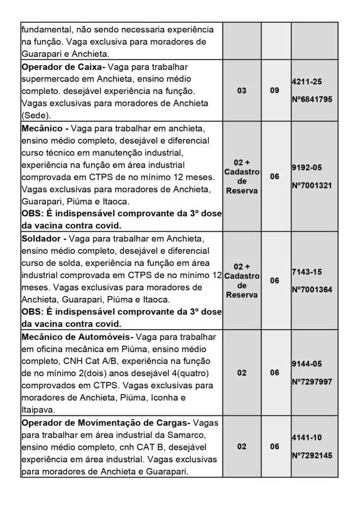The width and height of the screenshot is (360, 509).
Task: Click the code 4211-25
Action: click(x=307, y=81)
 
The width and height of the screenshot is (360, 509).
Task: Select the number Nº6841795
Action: click(x=312, y=99)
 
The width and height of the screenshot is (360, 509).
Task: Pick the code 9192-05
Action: click(x=307, y=167)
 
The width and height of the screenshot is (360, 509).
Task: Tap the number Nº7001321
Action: click(x=312, y=186)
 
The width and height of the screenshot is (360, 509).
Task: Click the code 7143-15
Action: click(x=307, y=271)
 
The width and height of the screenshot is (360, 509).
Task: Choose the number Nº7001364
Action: click(x=312, y=290)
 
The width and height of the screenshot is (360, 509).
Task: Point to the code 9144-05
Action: click(x=307, y=364)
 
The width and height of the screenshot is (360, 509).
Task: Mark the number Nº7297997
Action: click(x=312, y=382)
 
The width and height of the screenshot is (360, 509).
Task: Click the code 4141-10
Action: click(x=307, y=437)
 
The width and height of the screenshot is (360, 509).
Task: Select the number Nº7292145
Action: click(x=312, y=455)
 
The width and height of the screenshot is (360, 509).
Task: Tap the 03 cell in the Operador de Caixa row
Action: click(x=242, y=91)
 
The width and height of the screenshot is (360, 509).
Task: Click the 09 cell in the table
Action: click(x=274, y=91)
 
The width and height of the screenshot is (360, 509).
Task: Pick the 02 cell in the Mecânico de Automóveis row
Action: click(x=242, y=373)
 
